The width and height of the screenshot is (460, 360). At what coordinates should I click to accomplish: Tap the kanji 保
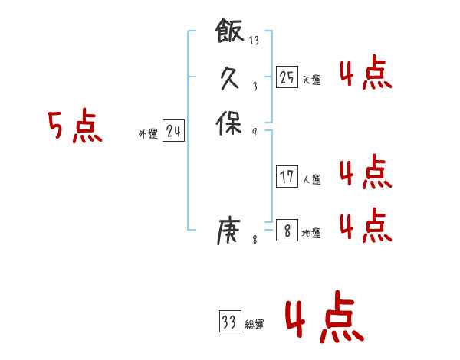tap(230, 122)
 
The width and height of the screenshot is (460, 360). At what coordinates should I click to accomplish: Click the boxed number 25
tap(287, 77)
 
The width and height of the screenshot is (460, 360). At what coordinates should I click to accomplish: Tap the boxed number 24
tap(173, 132)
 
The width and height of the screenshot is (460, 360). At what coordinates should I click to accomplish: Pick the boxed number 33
tap(229, 322)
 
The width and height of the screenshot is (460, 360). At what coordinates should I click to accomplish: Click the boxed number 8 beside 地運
tap(287, 230)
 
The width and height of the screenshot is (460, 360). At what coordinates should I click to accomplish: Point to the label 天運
tap(311, 79)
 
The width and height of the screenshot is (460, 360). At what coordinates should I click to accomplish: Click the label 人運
tap(311, 180)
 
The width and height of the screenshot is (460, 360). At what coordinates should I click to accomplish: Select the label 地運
tap(311, 233)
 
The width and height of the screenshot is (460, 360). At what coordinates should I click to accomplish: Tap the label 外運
tap(148, 134)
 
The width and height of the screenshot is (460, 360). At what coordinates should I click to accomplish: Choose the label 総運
tap(254, 325)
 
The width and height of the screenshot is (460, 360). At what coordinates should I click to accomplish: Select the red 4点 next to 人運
tap(365, 172)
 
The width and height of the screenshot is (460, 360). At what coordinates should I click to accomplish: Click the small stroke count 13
tap(255, 41)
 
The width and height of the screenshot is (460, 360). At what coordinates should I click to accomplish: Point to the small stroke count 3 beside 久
tap(255, 86)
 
